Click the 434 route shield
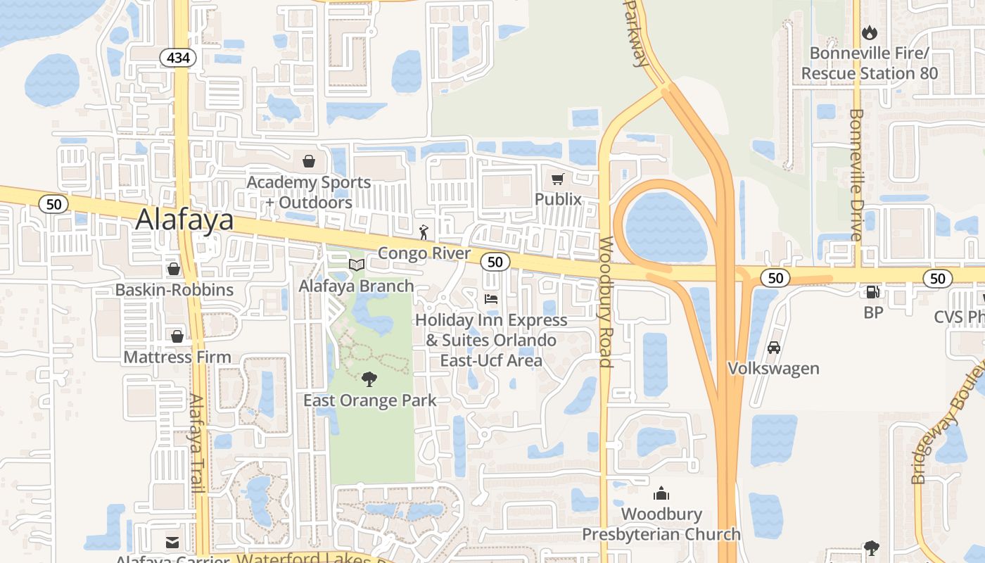[x=179, y=58]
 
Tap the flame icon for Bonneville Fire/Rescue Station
[x=870, y=32]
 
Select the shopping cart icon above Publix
[x=558, y=179]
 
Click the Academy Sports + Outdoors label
[x=309, y=192]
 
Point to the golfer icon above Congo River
[x=424, y=232]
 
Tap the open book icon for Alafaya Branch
[x=357, y=265]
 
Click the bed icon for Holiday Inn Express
[x=491, y=299]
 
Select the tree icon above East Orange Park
[x=369, y=380]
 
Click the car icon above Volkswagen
[x=774, y=348]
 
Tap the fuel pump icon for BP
[x=872, y=291]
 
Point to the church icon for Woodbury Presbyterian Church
[x=661, y=493]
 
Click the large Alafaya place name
[x=184, y=220]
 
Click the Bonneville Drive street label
[x=856, y=175]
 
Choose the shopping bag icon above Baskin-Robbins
[x=174, y=269]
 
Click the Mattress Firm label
[x=177, y=357]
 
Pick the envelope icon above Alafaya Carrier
[x=172, y=542]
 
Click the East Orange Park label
[x=370, y=400]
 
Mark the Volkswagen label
[x=773, y=368]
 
